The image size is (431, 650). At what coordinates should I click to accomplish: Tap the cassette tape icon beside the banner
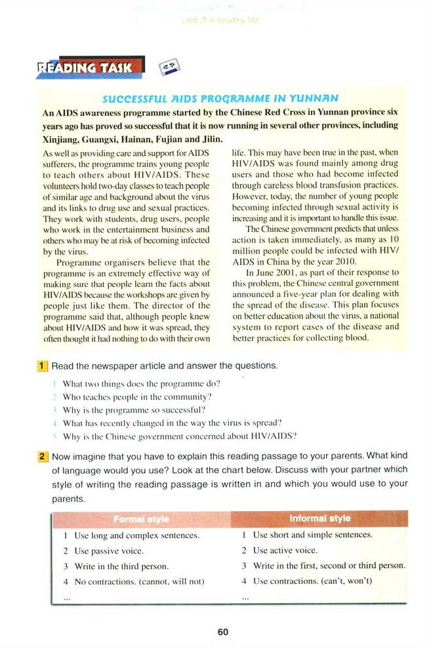169,67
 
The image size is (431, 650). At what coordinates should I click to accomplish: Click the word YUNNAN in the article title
313,99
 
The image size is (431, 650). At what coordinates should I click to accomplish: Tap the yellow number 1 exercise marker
41,365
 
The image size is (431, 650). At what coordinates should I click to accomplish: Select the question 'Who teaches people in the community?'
137,397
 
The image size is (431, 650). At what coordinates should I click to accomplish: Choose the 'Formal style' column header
140,519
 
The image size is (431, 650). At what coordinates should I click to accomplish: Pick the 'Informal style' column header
319,519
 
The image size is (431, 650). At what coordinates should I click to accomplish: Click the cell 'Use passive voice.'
109,551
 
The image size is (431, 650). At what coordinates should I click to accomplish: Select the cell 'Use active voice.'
285,550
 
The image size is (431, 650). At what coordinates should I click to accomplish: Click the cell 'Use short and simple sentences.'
313,535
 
